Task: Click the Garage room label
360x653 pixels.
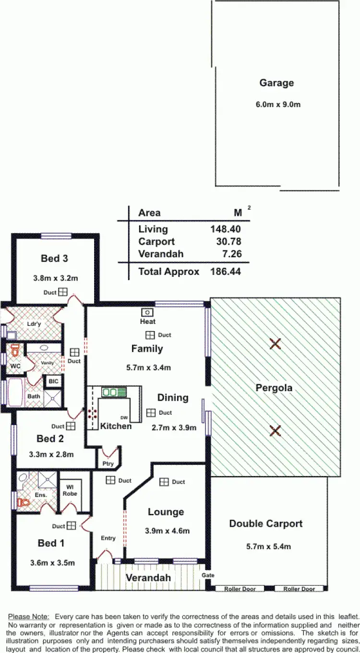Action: click(x=276, y=83)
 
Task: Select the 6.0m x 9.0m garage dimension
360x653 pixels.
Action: click(x=276, y=104)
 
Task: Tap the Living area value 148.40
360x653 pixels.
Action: click(x=225, y=229)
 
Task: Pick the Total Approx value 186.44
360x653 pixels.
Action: click(x=225, y=272)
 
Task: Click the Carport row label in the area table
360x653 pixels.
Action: click(x=156, y=242)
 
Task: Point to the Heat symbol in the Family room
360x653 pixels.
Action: click(x=147, y=312)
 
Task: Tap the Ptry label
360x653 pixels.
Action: click(x=108, y=464)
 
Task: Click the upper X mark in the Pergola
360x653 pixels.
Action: click(x=275, y=343)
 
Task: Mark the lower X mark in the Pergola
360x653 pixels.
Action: click(x=275, y=430)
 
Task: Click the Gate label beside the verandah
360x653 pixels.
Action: click(x=208, y=575)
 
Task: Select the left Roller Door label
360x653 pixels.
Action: click(x=240, y=589)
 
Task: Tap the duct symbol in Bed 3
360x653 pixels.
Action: click(x=63, y=292)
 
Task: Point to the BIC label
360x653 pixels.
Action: click(x=53, y=381)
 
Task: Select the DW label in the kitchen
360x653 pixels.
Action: click(x=124, y=417)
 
